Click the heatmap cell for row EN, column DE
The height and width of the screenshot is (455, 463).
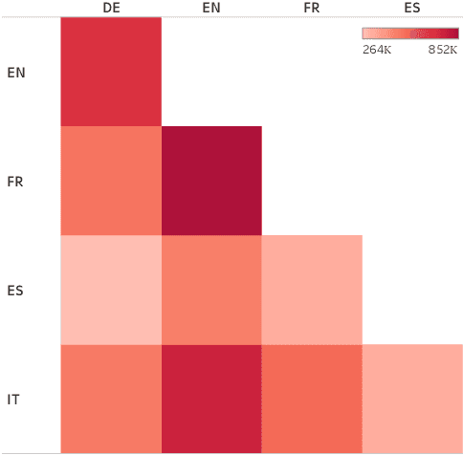click(111, 72)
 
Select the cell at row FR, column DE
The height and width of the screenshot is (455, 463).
click(111, 181)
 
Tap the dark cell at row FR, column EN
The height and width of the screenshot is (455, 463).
click(211, 181)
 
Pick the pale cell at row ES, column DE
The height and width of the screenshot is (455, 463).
click(111, 290)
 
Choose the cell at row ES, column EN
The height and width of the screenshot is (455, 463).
click(211, 290)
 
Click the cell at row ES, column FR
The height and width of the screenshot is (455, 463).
click(312, 290)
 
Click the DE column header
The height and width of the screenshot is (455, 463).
click(111, 8)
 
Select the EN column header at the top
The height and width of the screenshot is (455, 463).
click(211, 8)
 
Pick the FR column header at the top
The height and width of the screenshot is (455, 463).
click(312, 8)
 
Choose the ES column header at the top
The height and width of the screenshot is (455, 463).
click(412, 8)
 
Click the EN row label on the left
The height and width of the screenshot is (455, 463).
click(15, 72)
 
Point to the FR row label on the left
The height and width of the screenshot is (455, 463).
click(15, 181)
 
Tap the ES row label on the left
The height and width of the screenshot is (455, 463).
click(15, 290)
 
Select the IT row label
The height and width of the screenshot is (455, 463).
click(14, 398)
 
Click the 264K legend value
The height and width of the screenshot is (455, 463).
click(376, 49)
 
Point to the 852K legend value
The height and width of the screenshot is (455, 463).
click(443, 49)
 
